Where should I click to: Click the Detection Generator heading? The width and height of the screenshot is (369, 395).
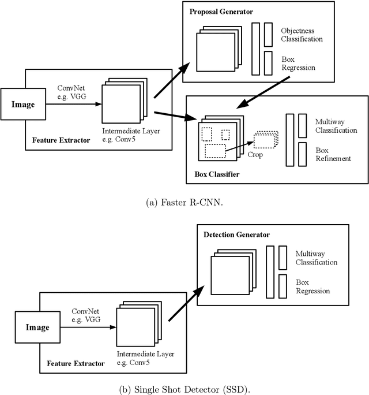[237, 234]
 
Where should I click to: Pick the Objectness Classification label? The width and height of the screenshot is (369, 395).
[302, 35]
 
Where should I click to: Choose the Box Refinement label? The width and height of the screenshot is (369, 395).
[333, 154]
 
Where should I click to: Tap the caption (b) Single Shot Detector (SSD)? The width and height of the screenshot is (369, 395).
[184, 386]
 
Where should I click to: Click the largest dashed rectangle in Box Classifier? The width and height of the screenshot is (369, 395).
[215, 151]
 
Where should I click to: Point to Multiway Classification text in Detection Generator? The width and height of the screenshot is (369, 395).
[316, 258]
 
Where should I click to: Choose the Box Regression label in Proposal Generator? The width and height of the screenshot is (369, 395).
[299, 64]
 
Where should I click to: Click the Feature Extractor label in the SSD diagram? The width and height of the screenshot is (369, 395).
[77, 363]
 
